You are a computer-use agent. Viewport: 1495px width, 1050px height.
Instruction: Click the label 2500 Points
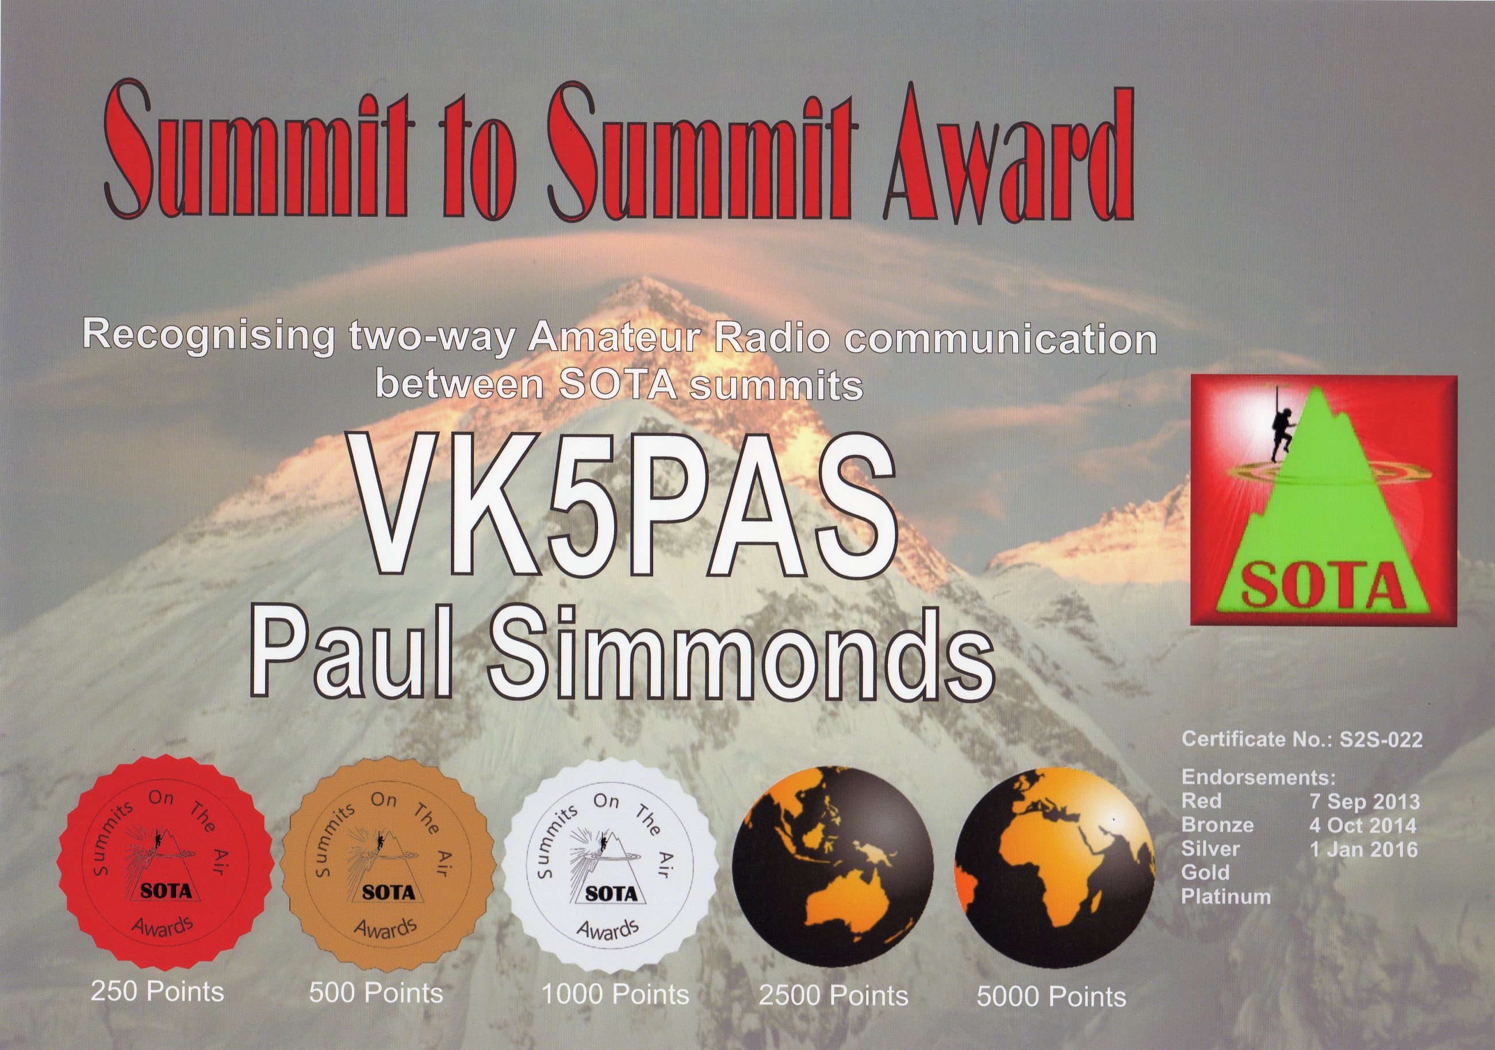coord(833,1014)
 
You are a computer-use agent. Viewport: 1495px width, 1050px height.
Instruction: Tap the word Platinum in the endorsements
coord(1226,897)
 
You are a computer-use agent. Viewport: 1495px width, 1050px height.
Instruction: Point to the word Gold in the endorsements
coord(1206,873)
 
